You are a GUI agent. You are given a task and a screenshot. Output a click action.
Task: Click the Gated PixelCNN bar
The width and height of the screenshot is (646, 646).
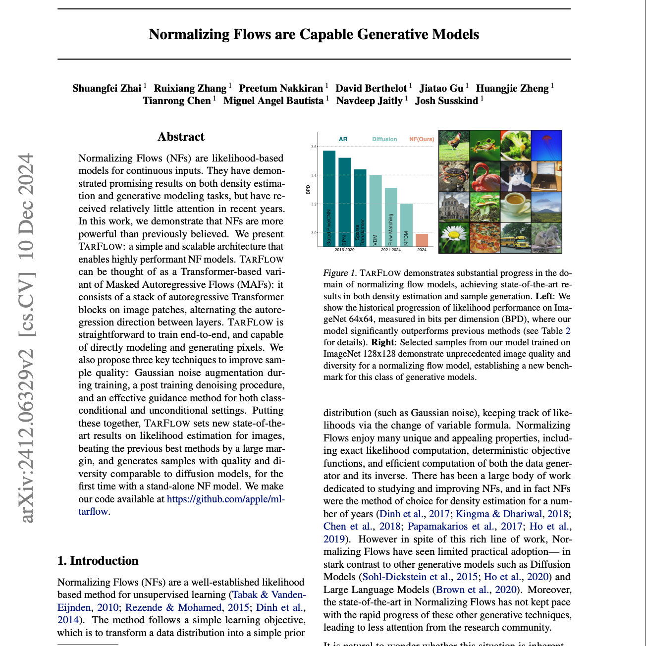pos(329,198)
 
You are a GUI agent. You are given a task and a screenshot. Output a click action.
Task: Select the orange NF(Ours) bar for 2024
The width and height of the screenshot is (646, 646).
pos(422,240)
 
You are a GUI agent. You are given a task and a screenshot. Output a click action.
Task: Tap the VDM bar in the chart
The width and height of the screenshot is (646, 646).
pos(375,211)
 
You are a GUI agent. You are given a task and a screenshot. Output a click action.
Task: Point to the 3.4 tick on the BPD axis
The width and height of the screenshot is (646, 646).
pos(314,175)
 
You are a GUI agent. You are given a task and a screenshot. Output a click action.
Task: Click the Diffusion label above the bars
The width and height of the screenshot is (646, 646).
pos(384,139)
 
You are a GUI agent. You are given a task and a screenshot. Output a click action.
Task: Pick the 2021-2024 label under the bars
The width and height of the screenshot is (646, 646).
pos(391,250)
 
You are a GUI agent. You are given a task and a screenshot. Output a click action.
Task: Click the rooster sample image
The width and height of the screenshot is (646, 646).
pos(454,145)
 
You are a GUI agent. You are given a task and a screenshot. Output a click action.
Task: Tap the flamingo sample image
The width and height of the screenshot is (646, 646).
pos(484,176)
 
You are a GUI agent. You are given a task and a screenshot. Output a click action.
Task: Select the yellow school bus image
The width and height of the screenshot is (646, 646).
pos(515,238)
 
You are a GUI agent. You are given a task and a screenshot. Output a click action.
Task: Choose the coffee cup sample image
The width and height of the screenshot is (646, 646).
pos(515,207)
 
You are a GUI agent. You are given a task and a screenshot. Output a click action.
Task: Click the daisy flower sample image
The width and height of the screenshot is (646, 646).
pos(454,238)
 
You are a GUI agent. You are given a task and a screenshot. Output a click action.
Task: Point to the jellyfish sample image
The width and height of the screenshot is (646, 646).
pos(546,145)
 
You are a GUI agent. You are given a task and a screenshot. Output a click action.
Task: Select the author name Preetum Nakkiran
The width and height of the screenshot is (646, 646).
pos(281,88)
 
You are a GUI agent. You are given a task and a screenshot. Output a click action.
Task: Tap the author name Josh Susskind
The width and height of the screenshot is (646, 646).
pos(446,101)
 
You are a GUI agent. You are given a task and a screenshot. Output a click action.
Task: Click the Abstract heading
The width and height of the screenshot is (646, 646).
pos(181,137)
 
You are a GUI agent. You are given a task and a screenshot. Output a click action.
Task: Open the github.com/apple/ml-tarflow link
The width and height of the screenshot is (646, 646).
pos(225,499)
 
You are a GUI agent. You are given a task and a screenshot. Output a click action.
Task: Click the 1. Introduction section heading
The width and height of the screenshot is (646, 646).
pos(98,561)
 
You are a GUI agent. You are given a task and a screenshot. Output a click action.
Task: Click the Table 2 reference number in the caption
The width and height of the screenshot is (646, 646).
pos(568,330)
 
